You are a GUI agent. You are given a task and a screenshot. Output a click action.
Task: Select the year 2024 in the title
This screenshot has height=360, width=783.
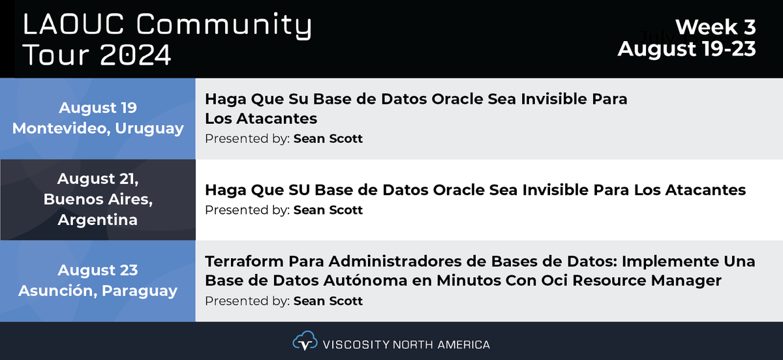point(136,55)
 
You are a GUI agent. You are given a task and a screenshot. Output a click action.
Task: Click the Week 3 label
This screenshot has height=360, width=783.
point(715,27)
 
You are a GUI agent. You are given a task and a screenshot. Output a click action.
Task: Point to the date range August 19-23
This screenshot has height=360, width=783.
point(687,49)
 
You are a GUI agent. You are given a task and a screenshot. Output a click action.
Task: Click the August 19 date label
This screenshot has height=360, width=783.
point(98,108)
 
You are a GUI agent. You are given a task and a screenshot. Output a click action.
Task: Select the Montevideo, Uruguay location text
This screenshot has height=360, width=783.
point(98,128)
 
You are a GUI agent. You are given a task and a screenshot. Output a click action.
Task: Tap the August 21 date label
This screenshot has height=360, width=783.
point(98,178)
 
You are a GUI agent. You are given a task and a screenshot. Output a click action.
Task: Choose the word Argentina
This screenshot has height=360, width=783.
point(98,220)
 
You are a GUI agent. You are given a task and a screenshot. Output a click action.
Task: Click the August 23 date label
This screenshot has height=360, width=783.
point(98,270)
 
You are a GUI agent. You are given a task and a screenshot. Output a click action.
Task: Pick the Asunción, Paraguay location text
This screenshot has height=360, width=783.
point(98,291)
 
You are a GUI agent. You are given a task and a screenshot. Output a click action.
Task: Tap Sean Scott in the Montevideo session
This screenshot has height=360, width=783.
point(328,138)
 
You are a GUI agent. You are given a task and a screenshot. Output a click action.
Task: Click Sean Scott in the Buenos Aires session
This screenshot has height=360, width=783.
point(328,210)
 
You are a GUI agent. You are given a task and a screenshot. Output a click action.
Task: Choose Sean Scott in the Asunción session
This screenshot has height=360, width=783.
point(328,301)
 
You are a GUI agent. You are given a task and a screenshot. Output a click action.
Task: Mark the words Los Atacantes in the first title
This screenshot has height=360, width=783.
point(261,119)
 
